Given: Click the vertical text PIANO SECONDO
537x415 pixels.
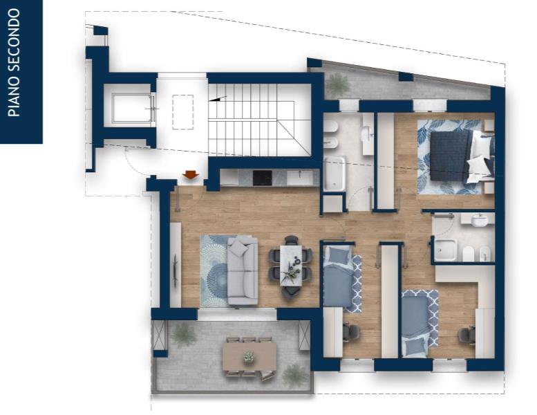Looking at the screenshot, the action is point(15,62).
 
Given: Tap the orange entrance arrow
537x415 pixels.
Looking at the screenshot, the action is point(191,174).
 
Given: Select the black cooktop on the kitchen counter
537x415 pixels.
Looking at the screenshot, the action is point(263,178).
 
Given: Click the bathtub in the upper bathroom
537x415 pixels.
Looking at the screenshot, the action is point(335,173).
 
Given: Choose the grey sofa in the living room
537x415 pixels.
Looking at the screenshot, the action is point(243,270).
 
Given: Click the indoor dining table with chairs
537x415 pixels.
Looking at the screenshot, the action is point(291,265).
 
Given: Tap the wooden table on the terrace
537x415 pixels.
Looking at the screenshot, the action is point(249,358).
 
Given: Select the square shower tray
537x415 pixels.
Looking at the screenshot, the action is point(446,250).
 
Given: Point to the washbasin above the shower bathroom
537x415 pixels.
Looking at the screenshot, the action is point(478,220).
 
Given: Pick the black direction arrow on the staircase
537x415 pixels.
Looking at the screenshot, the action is point(218,99).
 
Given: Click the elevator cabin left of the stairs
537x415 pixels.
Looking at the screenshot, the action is point(131,108).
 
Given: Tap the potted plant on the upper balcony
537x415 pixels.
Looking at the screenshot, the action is point(339,83).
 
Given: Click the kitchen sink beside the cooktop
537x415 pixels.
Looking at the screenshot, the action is point(300,178).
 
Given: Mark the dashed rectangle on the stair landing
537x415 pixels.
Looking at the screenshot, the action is point(183,112).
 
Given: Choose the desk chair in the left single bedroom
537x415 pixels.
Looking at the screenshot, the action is point(351,332).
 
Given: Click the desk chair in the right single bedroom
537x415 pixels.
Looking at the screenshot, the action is point(467,335).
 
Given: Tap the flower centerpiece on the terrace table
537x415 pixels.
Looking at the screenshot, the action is point(249,357).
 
